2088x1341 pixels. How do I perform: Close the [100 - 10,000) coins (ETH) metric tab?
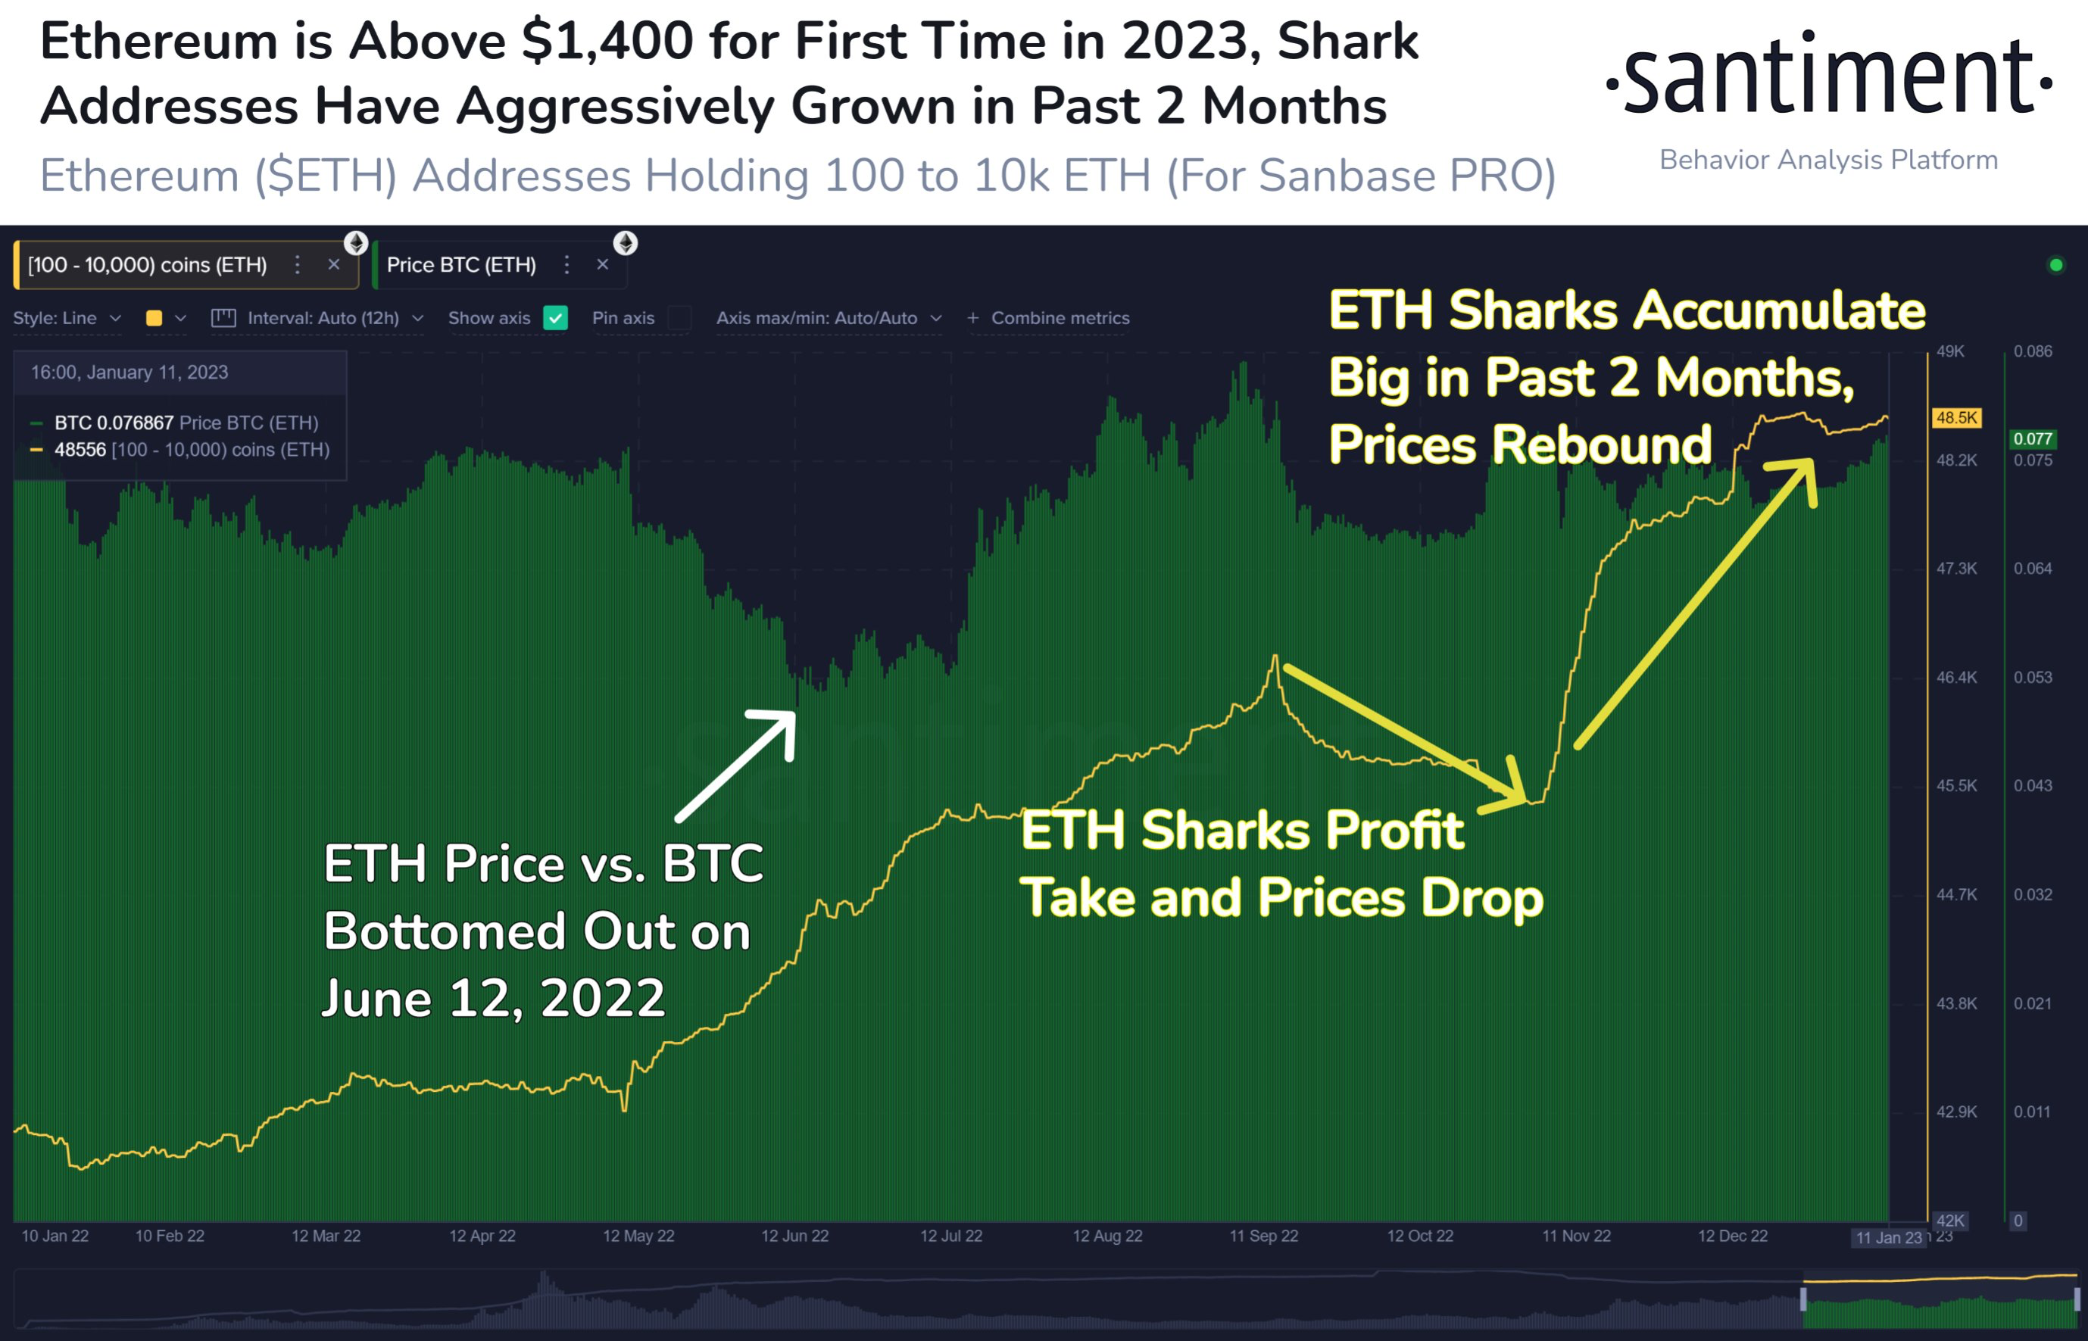(x=333, y=265)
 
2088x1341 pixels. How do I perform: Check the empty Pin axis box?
(x=680, y=318)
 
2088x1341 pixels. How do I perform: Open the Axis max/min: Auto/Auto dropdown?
(x=828, y=318)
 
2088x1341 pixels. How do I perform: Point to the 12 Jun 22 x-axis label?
(x=795, y=1236)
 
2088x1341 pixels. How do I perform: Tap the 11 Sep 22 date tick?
(x=1263, y=1236)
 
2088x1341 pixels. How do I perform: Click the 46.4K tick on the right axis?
(x=1956, y=678)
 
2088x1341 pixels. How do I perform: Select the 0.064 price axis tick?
(x=2032, y=569)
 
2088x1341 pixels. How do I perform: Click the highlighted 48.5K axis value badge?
(x=1956, y=418)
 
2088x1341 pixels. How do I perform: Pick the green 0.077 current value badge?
(x=2032, y=439)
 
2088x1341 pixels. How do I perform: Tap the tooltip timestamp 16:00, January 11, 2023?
(x=130, y=373)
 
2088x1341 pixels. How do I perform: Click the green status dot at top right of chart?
(x=2055, y=265)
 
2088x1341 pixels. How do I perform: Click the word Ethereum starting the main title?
(x=161, y=42)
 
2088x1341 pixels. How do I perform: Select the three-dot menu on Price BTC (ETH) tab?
(x=566, y=265)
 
